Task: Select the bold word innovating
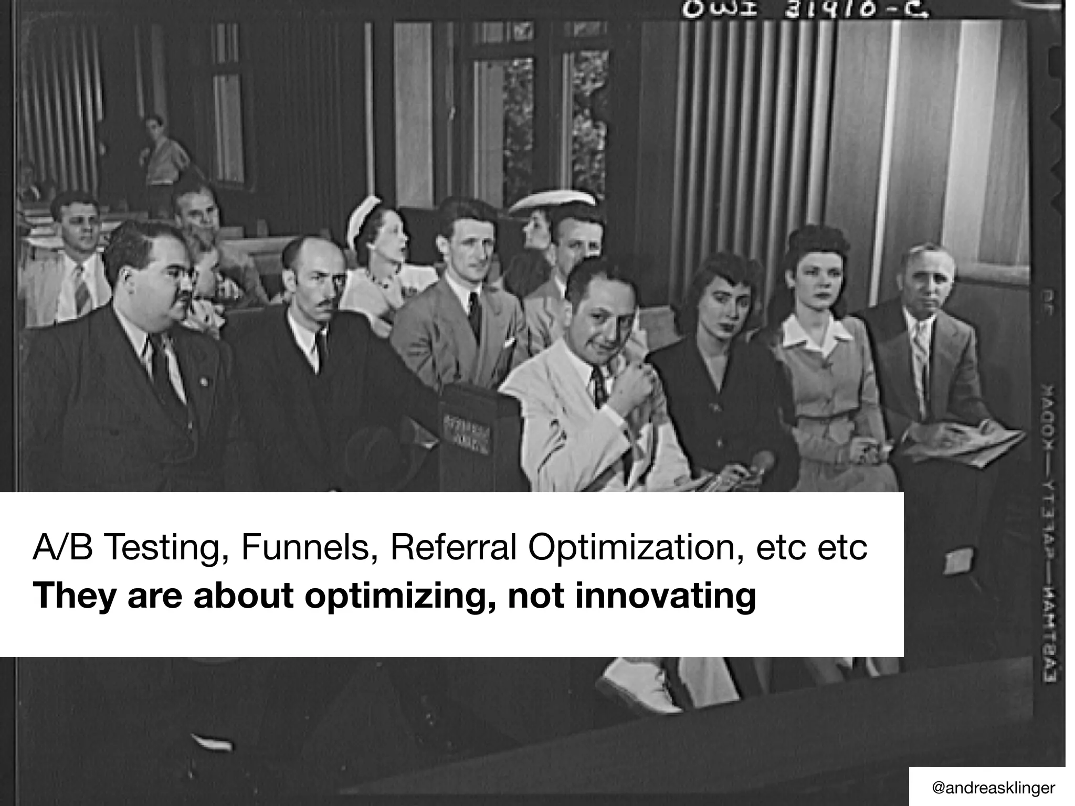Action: pyautogui.click(x=666, y=597)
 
